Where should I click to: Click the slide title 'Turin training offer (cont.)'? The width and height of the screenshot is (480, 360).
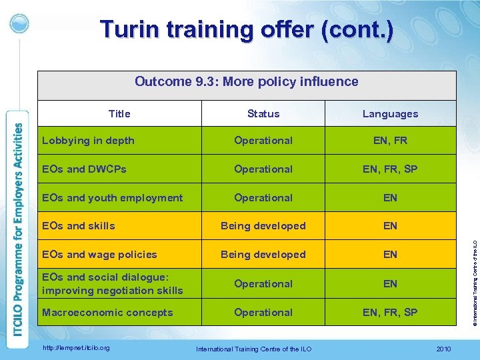[x=247, y=30]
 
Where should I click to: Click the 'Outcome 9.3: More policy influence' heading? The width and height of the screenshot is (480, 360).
[x=247, y=82]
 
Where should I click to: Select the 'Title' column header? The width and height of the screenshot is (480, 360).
[x=119, y=113]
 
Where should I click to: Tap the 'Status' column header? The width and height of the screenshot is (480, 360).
[x=263, y=113]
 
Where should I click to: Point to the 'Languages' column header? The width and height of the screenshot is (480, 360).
[x=390, y=114]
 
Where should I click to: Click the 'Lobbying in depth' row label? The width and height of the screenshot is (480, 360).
[x=88, y=141]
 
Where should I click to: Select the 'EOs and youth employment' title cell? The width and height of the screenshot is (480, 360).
[x=112, y=198]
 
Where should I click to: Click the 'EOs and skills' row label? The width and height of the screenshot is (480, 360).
[x=78, y=226]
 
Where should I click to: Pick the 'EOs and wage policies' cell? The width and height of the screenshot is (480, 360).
[x=99, y=255]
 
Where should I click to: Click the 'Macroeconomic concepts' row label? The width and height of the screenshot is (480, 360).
[x=107, y=313]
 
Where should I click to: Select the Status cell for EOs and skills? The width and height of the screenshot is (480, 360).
[x=263, y=226]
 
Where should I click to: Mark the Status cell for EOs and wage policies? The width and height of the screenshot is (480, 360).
[x=263, y=255]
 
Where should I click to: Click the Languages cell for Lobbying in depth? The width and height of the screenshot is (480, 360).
[x=390, y=141]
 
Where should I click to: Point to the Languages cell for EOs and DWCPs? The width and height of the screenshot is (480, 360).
[x=390, y=169]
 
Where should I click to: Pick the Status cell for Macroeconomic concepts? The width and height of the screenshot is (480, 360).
[x=263, y=313]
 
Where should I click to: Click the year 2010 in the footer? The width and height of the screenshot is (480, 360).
[x=443, y=349]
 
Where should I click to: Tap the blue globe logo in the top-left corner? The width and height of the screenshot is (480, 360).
[x=19, y=23]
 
